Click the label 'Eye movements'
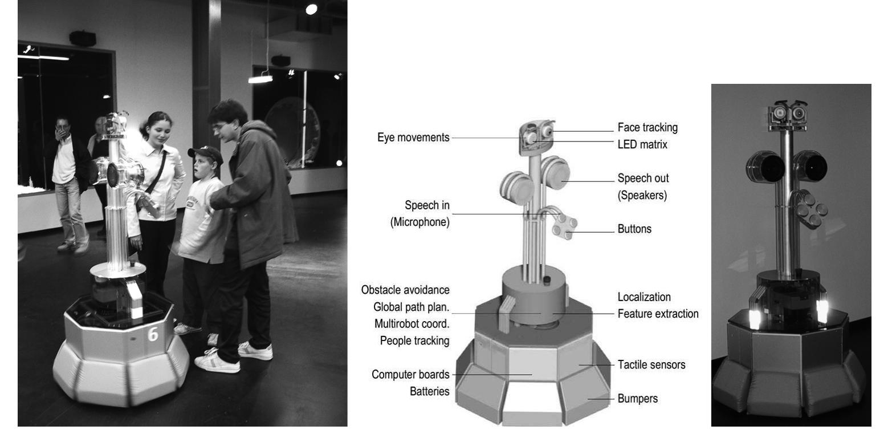[413, 137]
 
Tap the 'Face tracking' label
[647, 127]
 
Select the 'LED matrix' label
[642, 144]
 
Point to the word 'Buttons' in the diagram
[634, 229]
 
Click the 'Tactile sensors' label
[651, 364]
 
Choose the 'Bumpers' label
[637, 399]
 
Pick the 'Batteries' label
[429, 391]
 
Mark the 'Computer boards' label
[410, 374]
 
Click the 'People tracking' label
[414, 340]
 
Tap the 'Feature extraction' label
[658, 314]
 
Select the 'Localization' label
[644, 297]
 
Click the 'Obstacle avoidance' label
[405, 290]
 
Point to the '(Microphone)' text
[420, 222]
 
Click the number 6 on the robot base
[153, 334]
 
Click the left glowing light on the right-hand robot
[754, 315]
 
